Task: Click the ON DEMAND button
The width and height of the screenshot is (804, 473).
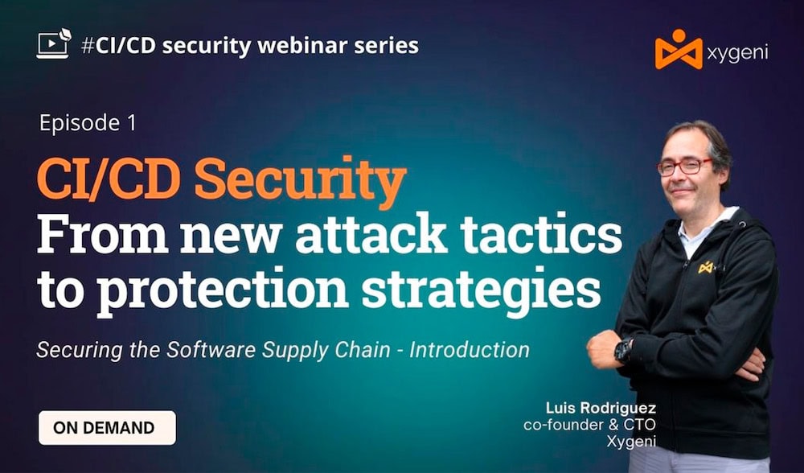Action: tap(107, 428)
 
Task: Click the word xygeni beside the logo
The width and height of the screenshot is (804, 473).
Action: tap(738, 52)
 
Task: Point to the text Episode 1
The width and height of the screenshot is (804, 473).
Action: tap(88, 123)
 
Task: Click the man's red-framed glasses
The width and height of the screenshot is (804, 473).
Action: tap(684, 167)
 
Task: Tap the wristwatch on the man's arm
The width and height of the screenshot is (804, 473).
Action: tap(622, 350)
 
